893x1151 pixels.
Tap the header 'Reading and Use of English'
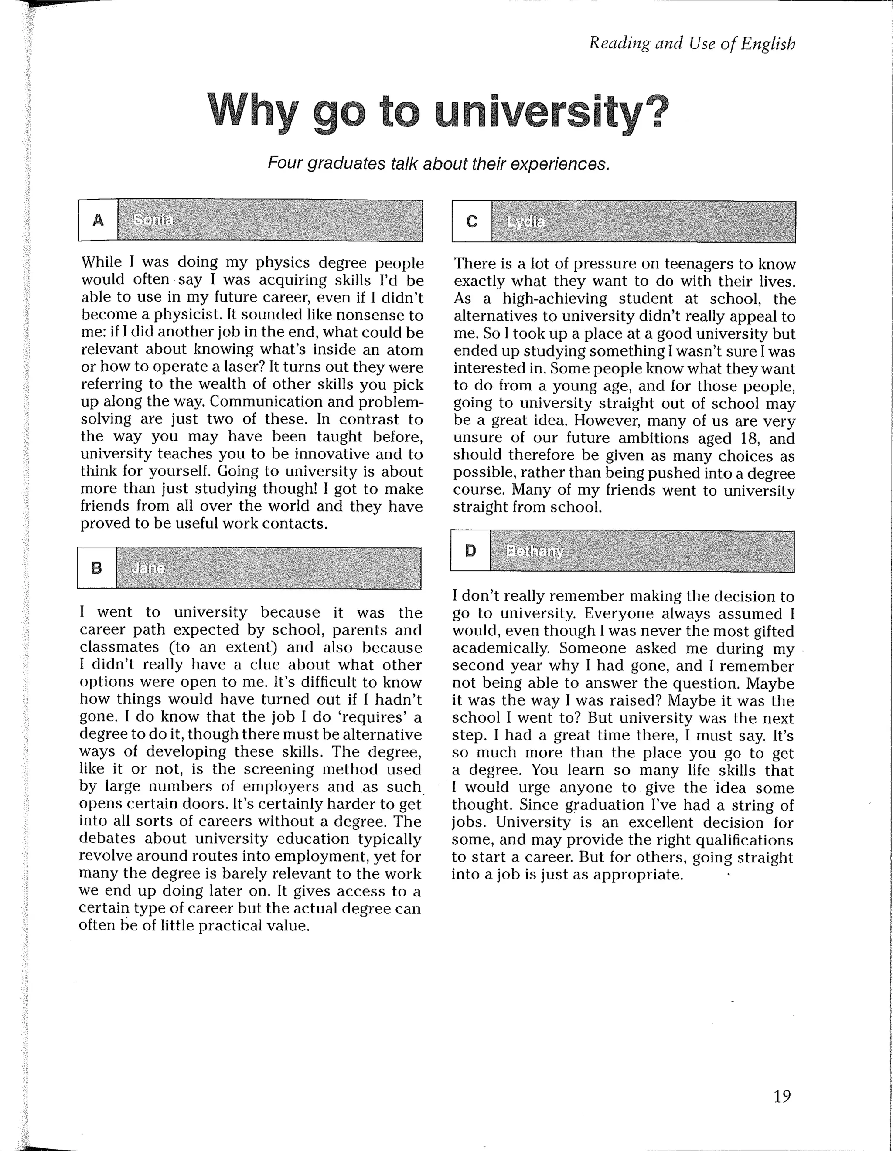click(691, 43)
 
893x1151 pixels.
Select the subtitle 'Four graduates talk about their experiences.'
click(438, 163)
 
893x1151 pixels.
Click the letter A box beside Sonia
click(98, 220)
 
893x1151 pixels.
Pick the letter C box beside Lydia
click(472, 221)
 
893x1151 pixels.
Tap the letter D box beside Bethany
click(470, 551)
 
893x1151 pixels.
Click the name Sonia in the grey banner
click(153, 220)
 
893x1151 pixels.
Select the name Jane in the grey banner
click(148, 568)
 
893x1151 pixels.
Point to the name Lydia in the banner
click(525, 222)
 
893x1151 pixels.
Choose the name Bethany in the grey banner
click(535, 551)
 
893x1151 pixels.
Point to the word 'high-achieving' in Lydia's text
click(554, 299)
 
